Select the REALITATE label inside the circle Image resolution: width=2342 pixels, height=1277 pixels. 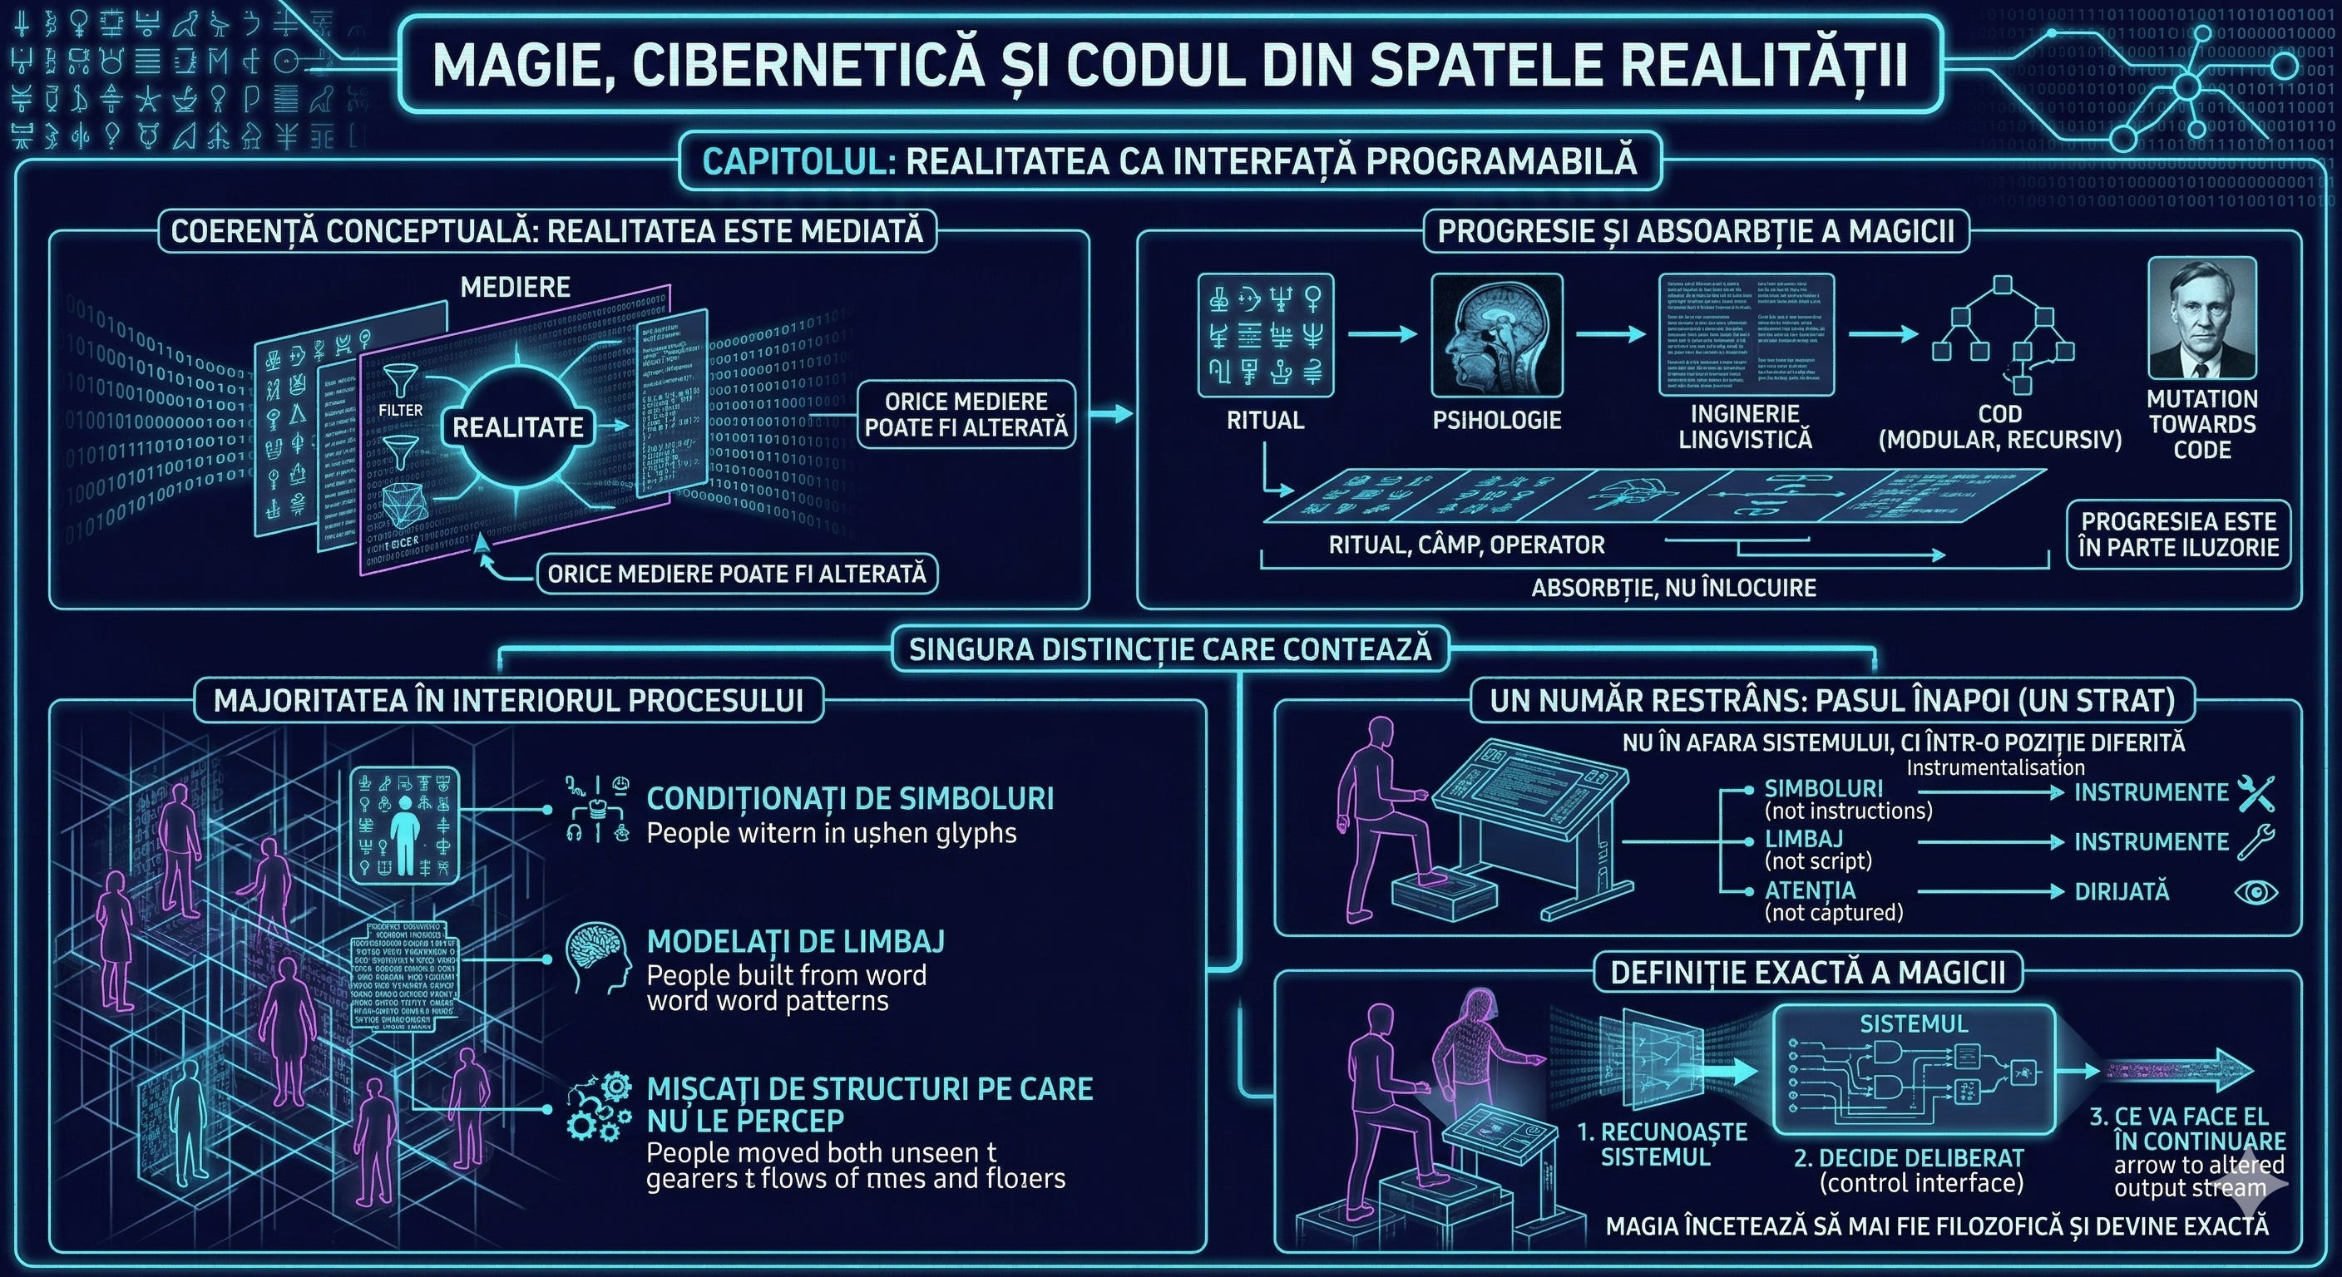click(517, 427)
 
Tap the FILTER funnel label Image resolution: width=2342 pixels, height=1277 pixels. click(400, 410)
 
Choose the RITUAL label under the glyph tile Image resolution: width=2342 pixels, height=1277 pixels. click(1265, 420)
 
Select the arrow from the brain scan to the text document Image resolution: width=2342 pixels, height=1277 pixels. click(1610, 334)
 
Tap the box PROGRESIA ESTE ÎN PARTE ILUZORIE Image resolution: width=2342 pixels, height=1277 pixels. click(2178, 535)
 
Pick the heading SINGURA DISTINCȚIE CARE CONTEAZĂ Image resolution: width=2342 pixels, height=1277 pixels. click(1170, 649)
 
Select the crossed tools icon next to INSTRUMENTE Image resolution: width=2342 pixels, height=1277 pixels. click(2255, 792)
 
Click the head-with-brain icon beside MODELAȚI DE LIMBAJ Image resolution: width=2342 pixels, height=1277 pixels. click(597, 958)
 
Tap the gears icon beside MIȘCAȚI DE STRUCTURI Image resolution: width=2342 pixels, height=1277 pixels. click(599, 1107)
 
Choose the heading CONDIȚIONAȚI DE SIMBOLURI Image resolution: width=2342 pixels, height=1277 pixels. click(850, 799)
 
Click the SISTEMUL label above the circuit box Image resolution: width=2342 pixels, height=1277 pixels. click(1913, 1023)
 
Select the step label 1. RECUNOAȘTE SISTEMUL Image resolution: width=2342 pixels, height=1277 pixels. click(1661, 1144)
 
